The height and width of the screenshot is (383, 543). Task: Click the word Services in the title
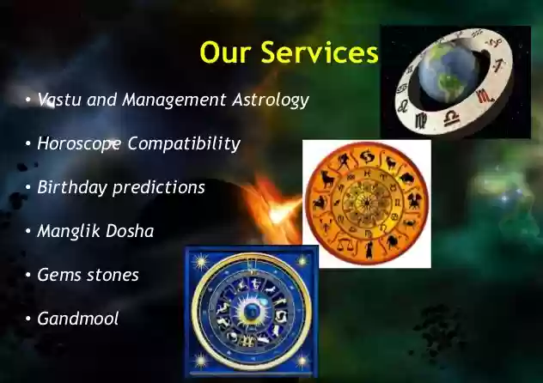click(x=320, y=52)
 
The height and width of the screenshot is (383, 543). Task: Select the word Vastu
click(x=59, y=100)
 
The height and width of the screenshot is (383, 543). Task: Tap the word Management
click(x=174, y=100)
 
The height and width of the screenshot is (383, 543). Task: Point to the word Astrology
click(x=271, y=100)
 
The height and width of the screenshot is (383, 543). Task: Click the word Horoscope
click(x=79, y=143)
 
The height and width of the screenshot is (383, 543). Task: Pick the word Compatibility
click(x=184, y=143)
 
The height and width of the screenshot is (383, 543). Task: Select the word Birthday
click(x=72, y=187)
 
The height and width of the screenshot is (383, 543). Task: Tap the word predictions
click(x=159, y=187)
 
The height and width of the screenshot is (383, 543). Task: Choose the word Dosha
click(x=130, y=231)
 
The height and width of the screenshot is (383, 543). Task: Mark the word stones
click(x=113, y=276)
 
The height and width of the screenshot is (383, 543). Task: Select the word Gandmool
click(x=78, y=319)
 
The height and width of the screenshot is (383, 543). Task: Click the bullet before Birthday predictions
click(x=28, y=187)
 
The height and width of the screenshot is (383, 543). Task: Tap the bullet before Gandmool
click(x=28, y=319)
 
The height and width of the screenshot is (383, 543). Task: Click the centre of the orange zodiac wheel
click(x=367, y=203)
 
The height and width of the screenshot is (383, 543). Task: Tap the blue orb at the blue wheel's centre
click(x=250, y=311)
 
